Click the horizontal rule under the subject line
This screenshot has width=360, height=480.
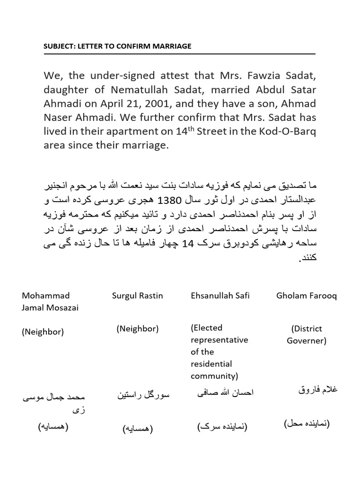pos(180,54)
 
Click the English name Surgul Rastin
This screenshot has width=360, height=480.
pos(137,296)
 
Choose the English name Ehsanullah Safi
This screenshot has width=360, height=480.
pos(220,296)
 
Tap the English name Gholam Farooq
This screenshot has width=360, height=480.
pos(307,296)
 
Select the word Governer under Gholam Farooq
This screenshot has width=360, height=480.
pos(307,341)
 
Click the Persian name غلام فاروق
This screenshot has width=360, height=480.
pos(317,390)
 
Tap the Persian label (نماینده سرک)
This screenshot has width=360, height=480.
pos(222,426)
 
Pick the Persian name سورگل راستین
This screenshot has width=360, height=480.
pos(143,396)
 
